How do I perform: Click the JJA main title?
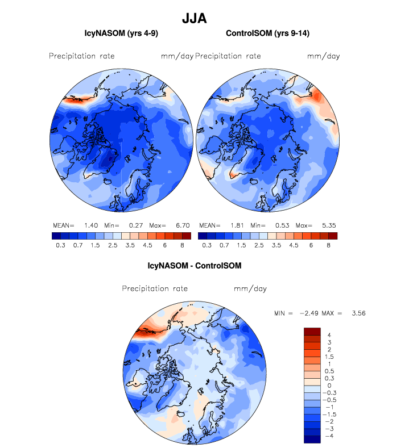pos(194,18)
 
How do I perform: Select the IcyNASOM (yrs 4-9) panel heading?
pos(121,34)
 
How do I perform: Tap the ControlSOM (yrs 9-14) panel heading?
pos(266,34)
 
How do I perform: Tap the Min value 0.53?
pos(280,225)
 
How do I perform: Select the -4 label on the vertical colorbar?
pos(327,436)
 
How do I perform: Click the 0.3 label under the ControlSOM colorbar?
pos(207,245)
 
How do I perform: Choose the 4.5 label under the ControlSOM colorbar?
pos(294,245)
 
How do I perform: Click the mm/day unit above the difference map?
pos(250,289)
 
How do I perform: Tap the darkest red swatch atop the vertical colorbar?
pos(312,332)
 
